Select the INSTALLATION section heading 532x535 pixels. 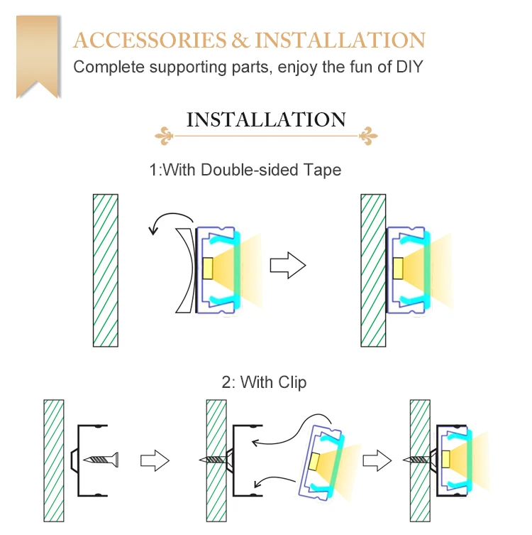[x=266, y=119]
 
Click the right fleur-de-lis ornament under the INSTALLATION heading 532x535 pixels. [x=367, y=134]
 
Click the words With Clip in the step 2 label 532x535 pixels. [x=274, y=382]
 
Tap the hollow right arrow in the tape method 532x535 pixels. [x=287, y=266]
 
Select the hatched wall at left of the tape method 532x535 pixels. [x=106, y=270]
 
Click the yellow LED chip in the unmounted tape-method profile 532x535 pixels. [x=209, y=269]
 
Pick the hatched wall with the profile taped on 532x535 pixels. [x=373, y=270]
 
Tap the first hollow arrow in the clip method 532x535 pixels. [x=155, y=460]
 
